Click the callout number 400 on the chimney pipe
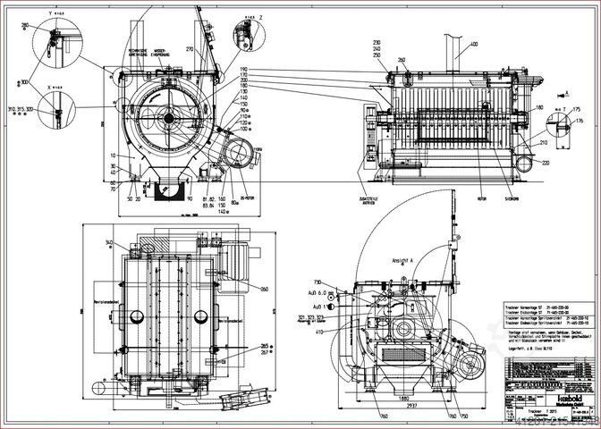pyautogui.click(x=474, y=43)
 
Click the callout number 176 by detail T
pyautogui.click(x=579, y=119)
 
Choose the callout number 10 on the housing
pyautogui.click(x=114, y=155)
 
